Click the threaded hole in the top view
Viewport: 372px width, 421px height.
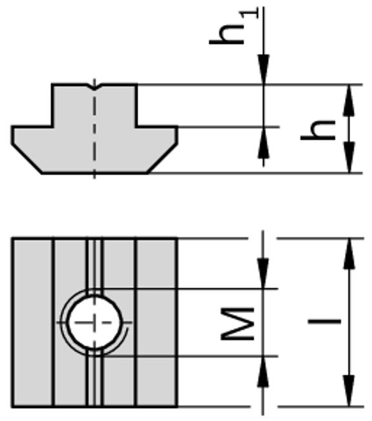94,322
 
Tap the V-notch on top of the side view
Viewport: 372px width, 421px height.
94,86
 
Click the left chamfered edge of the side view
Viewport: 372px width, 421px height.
26,159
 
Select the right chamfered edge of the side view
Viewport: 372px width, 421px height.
163,159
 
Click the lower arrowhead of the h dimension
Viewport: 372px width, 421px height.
349,161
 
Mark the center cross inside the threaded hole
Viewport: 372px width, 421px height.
94,322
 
